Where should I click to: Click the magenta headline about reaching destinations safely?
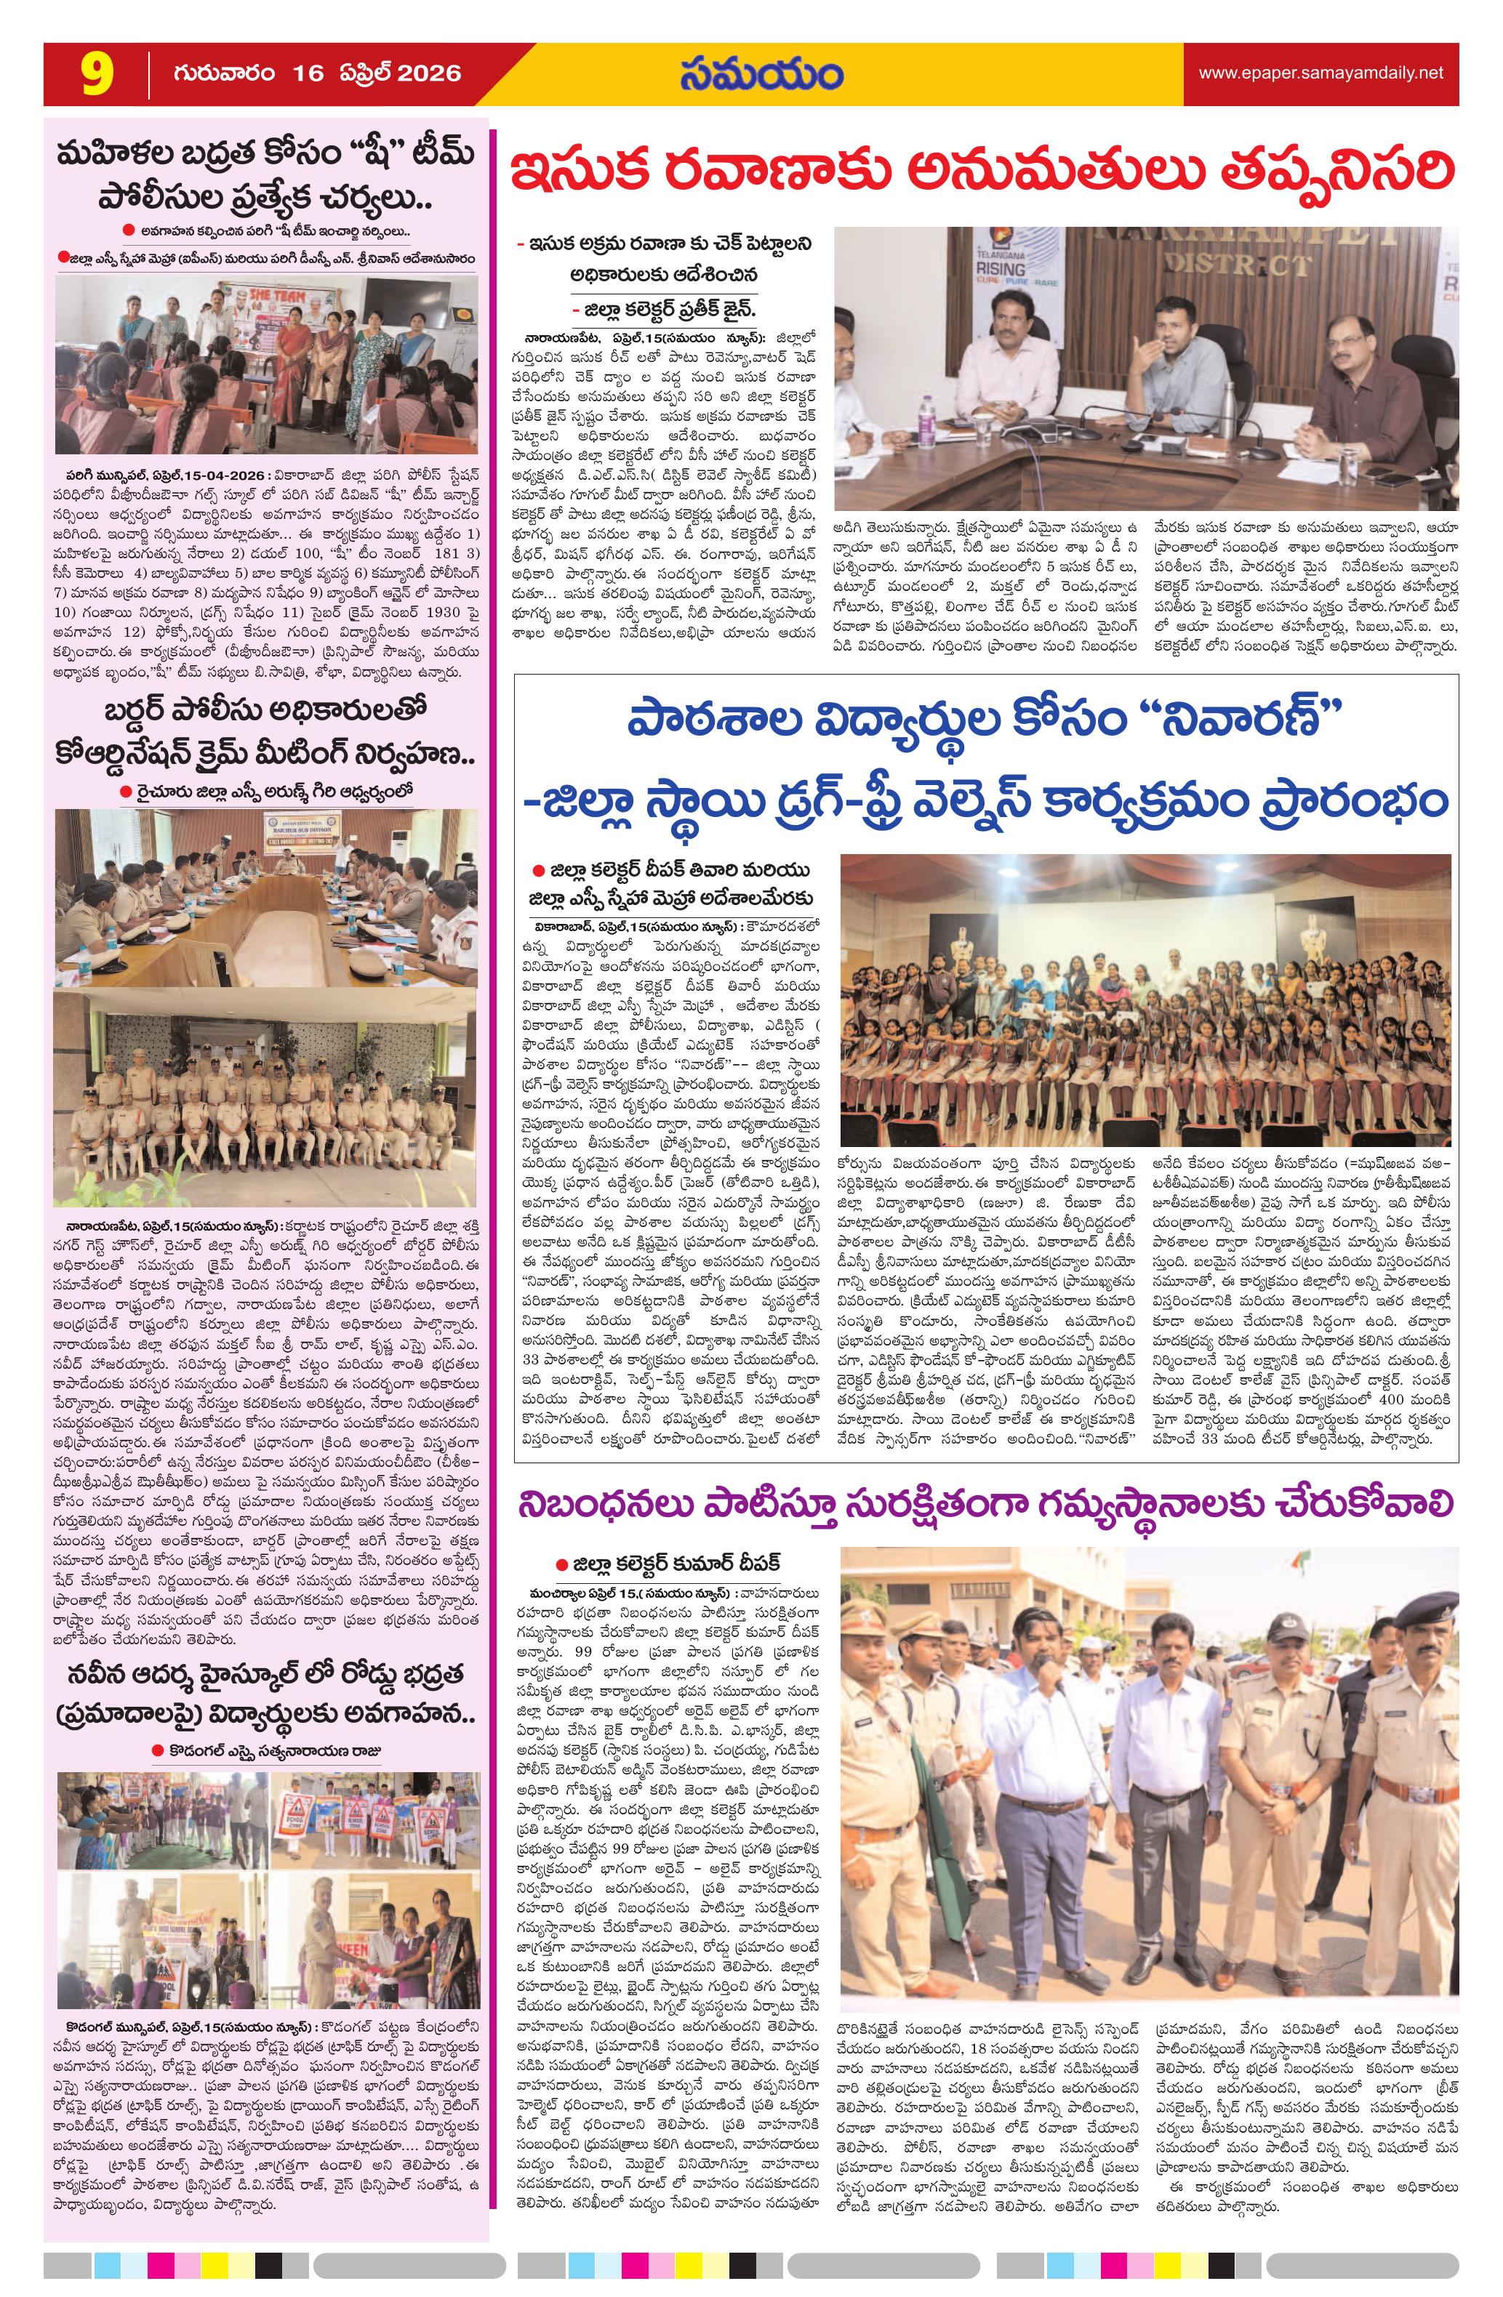pos(985,1505)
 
